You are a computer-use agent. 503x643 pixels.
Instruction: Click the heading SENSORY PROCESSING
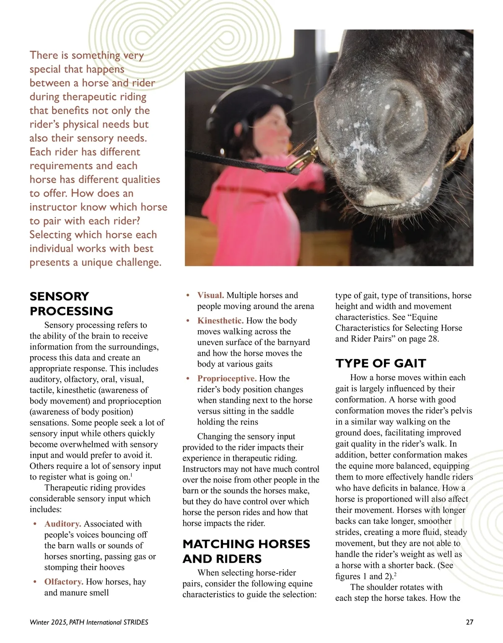coord(71,303)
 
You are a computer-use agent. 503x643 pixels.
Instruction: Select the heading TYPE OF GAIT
coord(381,363)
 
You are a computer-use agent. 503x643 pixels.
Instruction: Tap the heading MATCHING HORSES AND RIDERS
coord(246,551)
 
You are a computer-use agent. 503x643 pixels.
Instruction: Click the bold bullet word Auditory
coord(63,524)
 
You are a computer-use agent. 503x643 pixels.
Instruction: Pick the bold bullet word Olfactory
coord(64,581)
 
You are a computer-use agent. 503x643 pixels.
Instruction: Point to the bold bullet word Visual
coord(210,295)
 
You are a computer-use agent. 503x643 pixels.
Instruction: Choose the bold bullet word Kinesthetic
coord(220,320)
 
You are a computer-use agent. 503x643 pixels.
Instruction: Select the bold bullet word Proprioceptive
coord(227,378)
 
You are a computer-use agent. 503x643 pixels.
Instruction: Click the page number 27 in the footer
coord(469,622)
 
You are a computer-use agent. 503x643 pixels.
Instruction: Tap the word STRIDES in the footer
coord(135,622)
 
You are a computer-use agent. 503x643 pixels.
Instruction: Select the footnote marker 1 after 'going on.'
coord(131,475)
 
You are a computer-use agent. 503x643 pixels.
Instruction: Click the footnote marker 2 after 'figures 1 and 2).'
coord(395,575)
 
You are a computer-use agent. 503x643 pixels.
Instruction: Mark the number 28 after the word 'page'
coord(433,339)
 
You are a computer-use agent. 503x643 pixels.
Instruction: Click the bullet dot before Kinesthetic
coord(188,321)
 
